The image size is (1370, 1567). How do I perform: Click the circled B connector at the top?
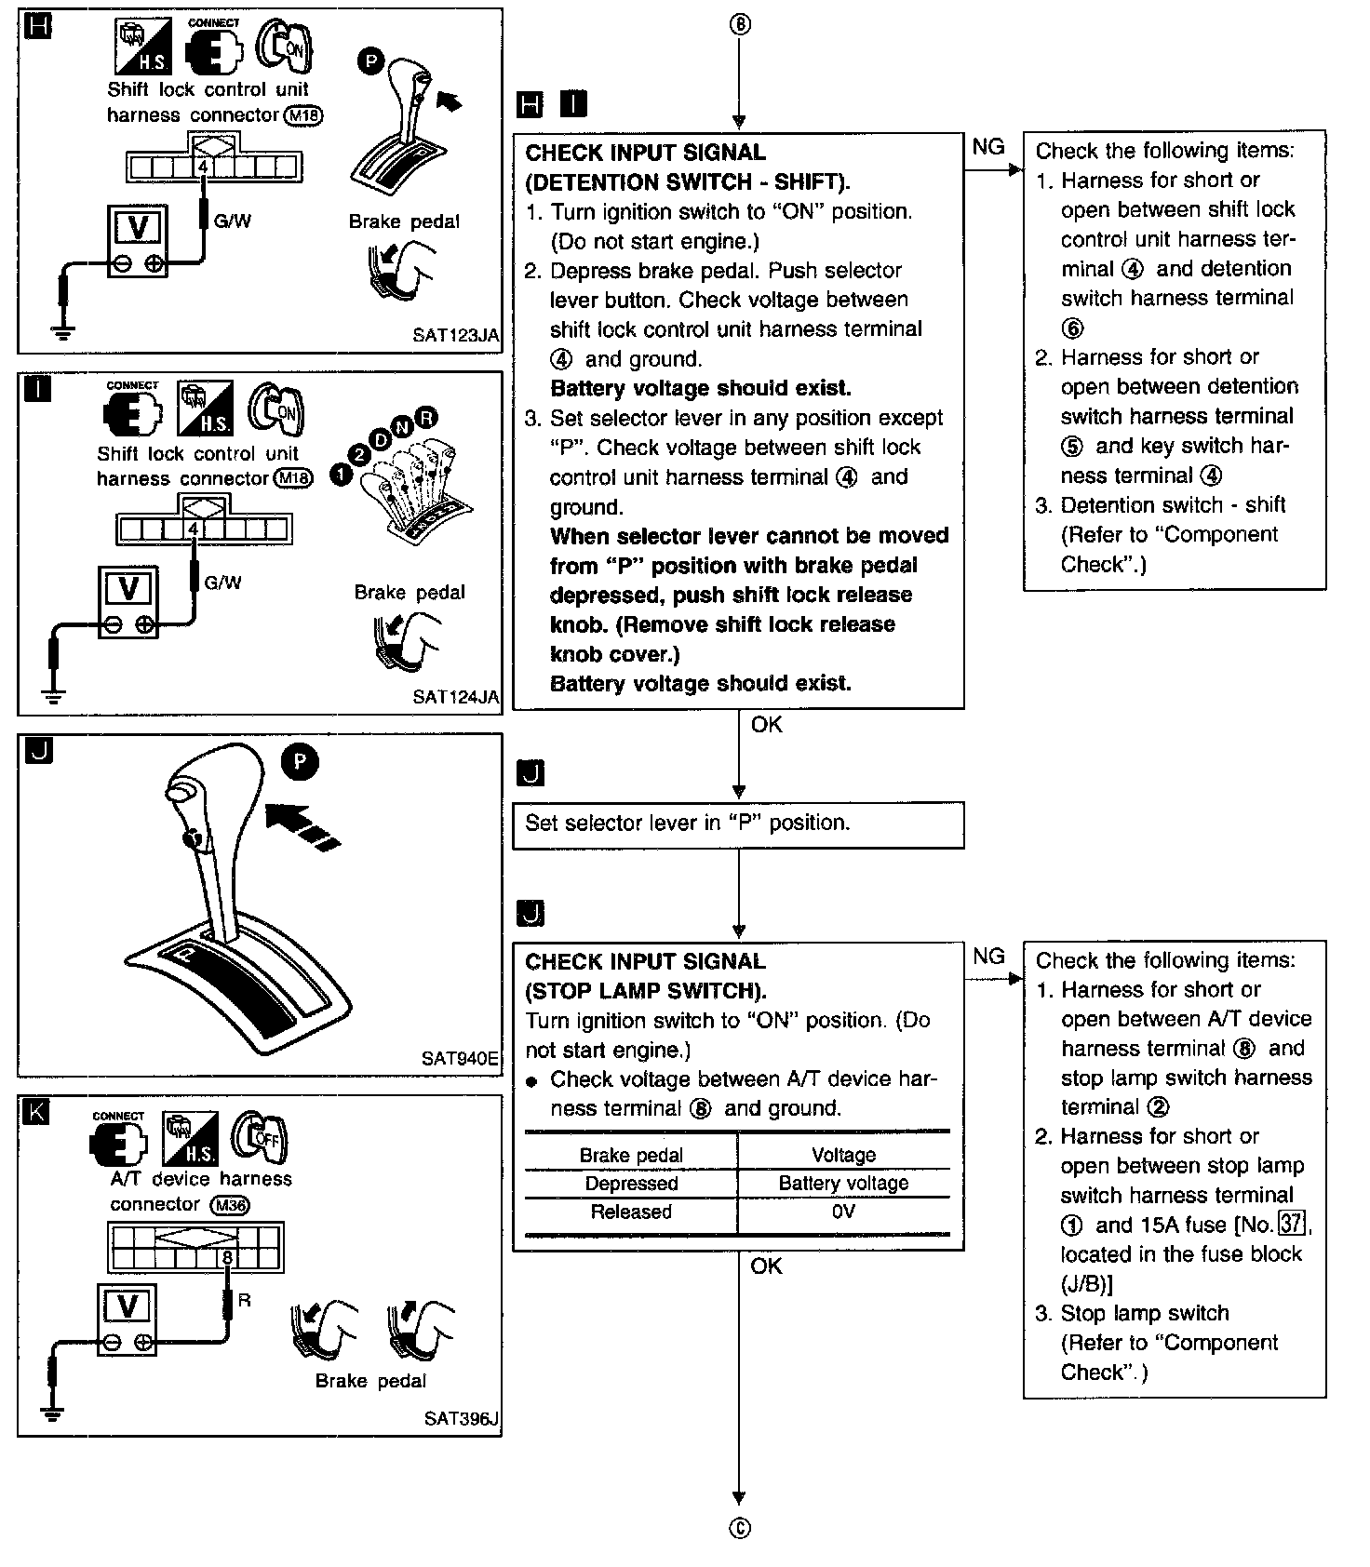coord(739,25)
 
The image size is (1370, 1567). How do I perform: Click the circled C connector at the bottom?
coord(739,1528)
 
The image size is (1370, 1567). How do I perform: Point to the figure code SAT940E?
coord(460,1058)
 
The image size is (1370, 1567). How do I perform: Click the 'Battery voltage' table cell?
coord(843,1184)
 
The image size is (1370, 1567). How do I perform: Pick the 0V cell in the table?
coord(843,1212)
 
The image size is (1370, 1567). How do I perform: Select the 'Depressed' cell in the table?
coord(631,1184)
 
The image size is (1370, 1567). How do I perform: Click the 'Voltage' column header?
coord(843,1155)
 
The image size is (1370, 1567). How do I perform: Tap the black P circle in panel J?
coord(300,762)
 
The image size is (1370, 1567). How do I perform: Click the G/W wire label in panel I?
coord(222,583)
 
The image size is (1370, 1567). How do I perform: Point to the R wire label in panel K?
coord(245,1300)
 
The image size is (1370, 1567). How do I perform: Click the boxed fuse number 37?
coord(1291,1225)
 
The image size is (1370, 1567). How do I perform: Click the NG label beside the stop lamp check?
coord(988,957)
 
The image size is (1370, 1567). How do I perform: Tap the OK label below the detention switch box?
coord(767,725)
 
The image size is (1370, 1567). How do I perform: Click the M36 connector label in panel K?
coord(230,1206)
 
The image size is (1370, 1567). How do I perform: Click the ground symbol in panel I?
coord(53,694)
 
